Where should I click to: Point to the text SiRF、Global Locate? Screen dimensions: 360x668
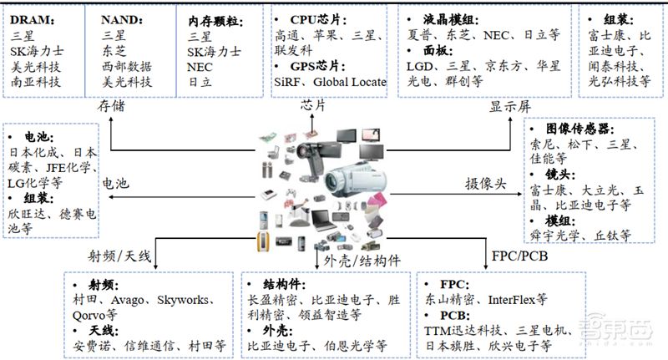[x=331, y=82]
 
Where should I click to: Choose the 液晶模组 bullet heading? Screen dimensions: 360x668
[x=438, y=18]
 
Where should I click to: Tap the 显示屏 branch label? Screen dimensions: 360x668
[x=509, y=106]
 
